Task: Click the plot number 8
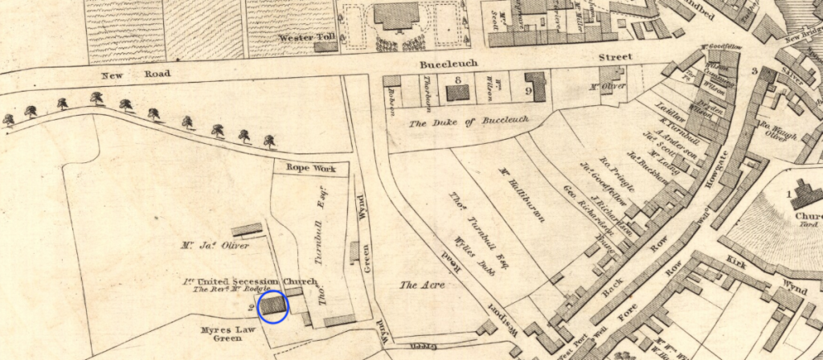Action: click(x=457, y=80)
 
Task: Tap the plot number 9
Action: click(x=529, y=91)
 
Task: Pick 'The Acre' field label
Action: click(x=419, y=285)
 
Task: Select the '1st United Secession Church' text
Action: click(x=248, y=280)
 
